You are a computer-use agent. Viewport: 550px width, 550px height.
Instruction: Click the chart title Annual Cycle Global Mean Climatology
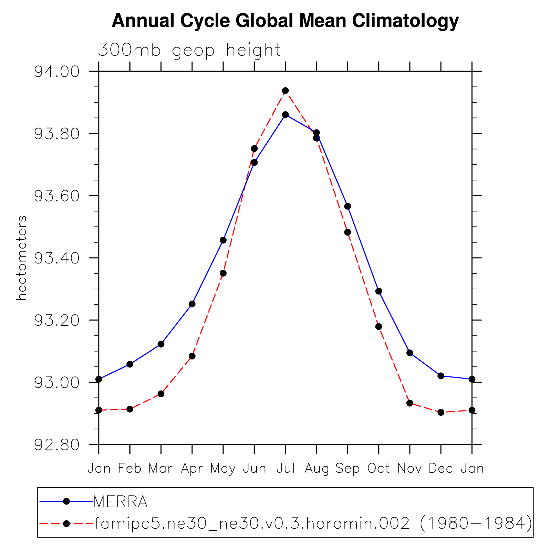click(285, 21)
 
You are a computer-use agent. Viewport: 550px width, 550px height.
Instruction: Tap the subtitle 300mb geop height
click(189, 50)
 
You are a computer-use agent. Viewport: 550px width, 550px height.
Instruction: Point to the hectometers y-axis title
click(22, 258)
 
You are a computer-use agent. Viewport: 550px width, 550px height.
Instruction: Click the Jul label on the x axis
click(286, 469)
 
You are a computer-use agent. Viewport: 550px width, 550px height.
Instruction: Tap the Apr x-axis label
click(192, 469)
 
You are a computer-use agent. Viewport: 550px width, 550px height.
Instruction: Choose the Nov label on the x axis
click(409, 469)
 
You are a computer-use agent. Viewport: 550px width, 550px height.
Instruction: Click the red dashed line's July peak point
click(286, 91)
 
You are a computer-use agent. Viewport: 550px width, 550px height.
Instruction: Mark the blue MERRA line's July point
click(286, 114)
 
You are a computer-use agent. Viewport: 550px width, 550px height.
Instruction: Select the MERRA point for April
click(192, 304)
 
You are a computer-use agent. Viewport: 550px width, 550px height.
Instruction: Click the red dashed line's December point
click(441, 412)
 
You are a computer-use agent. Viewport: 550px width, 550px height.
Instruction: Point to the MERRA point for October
click(378, 291)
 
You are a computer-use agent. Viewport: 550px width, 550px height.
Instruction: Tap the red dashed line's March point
click(161, 394)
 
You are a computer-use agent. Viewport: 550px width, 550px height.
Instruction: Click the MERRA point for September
click(347, 206)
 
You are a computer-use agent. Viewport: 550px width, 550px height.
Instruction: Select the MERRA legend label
click(121, 502)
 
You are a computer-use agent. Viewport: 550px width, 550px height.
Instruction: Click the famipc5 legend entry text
click(313, 524)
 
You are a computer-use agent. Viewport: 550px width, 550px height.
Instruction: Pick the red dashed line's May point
click(223, 273)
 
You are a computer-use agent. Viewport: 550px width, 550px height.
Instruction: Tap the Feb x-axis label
click(130, 469)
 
